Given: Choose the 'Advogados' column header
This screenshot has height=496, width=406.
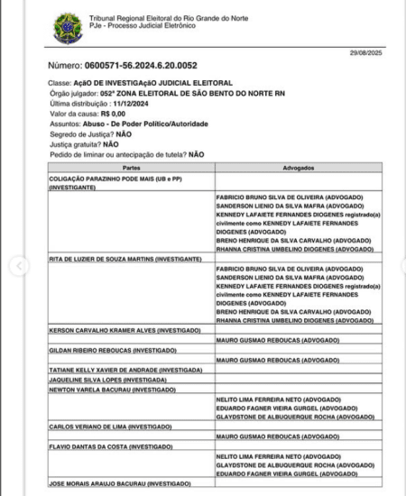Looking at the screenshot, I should (x=297, y=168).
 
